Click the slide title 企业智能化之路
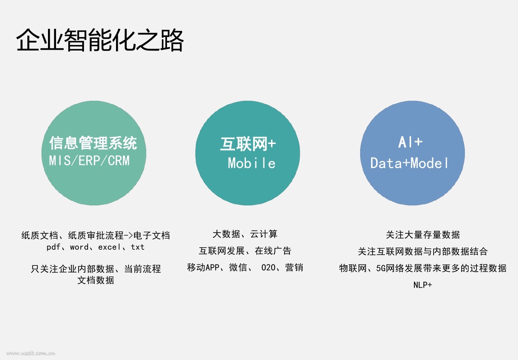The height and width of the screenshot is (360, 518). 100,40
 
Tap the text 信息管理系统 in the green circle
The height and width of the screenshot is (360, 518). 93,143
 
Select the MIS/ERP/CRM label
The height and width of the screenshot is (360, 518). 89,160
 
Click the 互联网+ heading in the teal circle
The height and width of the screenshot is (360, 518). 248,144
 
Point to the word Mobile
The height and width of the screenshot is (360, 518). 251,163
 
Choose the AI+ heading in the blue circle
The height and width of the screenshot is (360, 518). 410,142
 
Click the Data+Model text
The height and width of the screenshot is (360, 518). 410,163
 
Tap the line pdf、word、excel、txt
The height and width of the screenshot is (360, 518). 95,247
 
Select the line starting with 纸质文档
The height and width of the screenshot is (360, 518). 95,235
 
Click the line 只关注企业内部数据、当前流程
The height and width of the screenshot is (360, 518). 96,269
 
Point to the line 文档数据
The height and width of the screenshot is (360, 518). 96,280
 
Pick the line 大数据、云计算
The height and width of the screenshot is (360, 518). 245,234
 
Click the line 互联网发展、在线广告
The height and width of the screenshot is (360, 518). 245,251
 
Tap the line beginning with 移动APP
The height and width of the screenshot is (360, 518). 245,267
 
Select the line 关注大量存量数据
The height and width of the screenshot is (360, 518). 423,235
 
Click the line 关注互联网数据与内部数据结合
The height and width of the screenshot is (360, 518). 423,251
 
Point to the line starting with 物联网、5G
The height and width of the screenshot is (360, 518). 423,268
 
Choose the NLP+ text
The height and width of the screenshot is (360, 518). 423,285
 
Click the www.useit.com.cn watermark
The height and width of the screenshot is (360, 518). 31,353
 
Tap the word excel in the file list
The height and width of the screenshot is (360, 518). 109,247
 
